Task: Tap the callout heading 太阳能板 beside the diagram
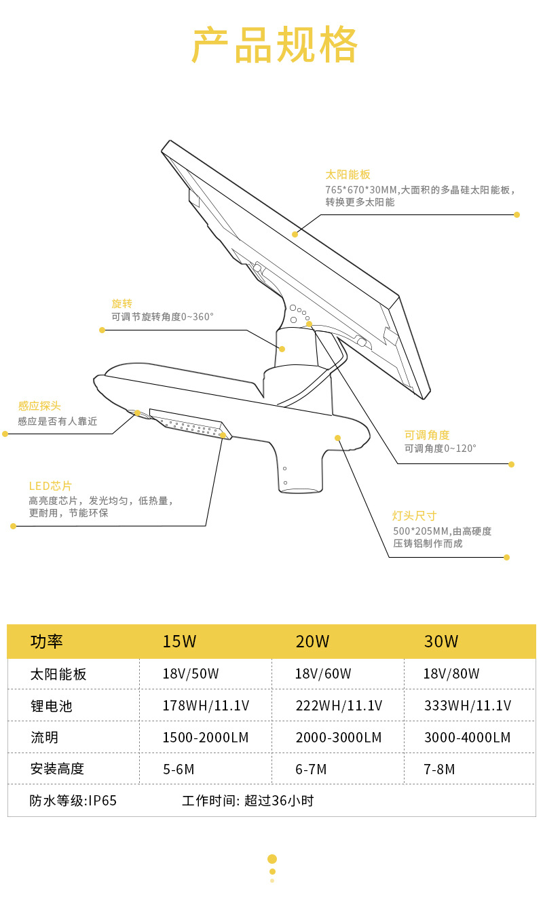tap(348, 174)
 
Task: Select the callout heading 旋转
tap(121, 303)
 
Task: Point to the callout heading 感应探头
tap(39, 406)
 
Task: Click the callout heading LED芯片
tap(50, 486)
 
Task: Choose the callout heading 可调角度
tap(427, 435)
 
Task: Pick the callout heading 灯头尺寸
tap(414, 516)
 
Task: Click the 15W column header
tap(179, 641)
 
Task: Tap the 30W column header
tap(441, 641)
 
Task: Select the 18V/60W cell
tap(323, 674)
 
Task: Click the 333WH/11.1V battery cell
tap(468, 706)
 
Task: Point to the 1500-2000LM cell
tap(206, 738)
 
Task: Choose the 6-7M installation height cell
tap(312, 769)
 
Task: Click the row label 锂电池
tap(51, 706)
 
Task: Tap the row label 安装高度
tap(57, 769)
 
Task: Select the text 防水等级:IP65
tap(73, 801)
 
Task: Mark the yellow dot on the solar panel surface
tap(295, 234)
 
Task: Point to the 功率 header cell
tap(47, 641)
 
